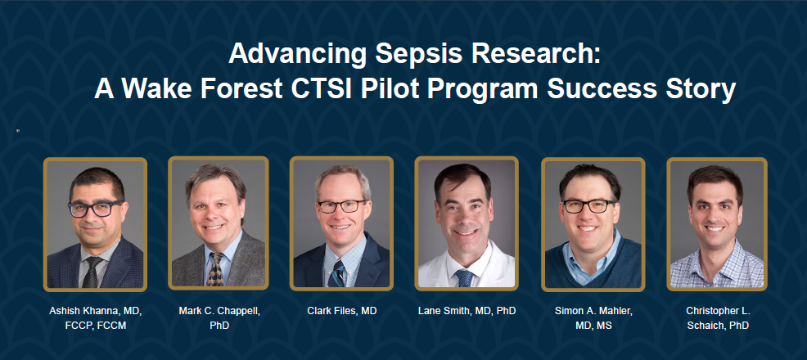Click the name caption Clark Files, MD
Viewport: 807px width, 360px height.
tap(342, 311)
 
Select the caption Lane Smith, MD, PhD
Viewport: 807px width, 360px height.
tap(467, 311)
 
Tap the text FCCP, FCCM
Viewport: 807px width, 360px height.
tap(95, 326)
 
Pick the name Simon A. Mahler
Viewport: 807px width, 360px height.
tap(593, 311)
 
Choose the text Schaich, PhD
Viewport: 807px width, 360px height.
tap(718, 326)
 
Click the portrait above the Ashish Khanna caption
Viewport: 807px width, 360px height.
tap(95, 224)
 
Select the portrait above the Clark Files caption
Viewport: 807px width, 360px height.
tap(341, 223)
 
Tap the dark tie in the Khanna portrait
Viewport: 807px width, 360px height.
tap(92, 272)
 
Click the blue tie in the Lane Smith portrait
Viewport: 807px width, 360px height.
tap(464, 278)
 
